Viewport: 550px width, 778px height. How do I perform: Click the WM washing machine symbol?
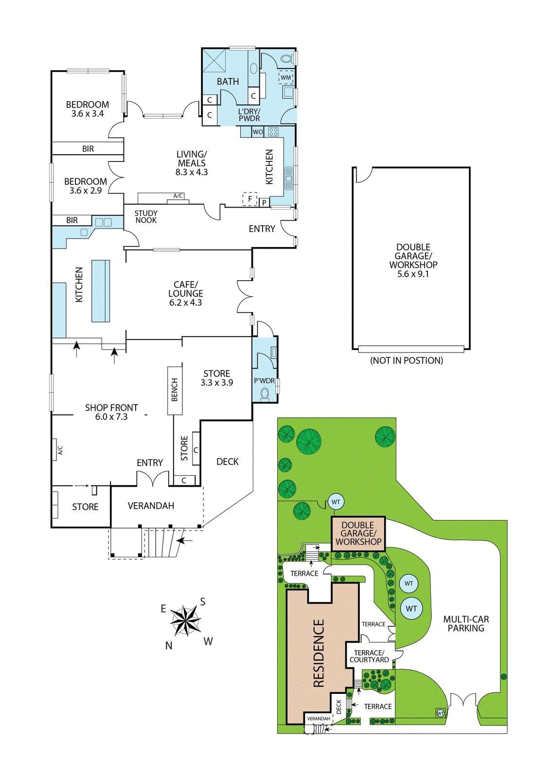[x=285, y=77]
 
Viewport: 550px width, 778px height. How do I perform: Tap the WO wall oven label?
[x=258, y=132]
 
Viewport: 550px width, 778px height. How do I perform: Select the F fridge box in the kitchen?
[x=249, y=199]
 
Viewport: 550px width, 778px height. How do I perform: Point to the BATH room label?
[x=228, y=82]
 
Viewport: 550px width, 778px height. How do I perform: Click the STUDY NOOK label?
[x=146, y=216]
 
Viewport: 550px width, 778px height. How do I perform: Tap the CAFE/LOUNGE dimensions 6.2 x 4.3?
[x=186, y=302]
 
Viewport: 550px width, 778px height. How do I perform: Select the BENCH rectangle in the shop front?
[x=175, y=389]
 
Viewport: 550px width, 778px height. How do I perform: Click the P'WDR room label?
[x=265, y=381]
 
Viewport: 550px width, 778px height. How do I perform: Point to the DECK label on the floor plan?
[x=228, y=461]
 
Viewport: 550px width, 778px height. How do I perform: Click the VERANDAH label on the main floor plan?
[x=151, y=506]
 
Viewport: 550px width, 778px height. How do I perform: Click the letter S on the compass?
[x=203, y=602]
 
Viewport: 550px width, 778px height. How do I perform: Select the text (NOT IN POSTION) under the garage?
[x=407, y=360]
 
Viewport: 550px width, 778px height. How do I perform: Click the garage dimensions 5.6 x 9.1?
[x=413, y=274]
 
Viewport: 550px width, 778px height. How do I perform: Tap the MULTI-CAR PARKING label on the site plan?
[x=466, y=623]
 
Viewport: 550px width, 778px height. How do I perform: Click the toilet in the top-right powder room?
[x=287, y=58]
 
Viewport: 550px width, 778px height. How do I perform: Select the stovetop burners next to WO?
[x=273, y=132]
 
